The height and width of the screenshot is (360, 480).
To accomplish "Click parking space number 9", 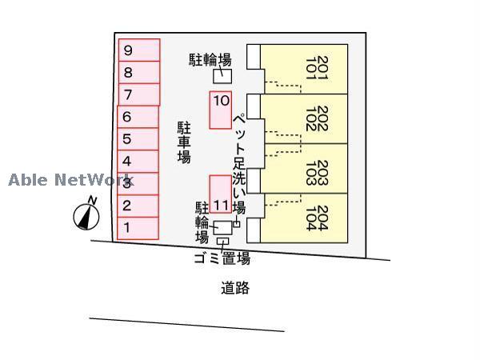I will pos(138,50).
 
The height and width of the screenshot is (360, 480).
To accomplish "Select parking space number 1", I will pos(138,228).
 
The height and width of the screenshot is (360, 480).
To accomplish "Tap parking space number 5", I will pos(138,139).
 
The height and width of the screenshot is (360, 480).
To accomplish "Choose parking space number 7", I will pos(138,95).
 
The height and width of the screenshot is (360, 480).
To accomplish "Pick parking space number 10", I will pos(221,110).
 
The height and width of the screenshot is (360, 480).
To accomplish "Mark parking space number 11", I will pos(221,194).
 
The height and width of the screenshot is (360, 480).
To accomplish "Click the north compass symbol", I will pos(86,214).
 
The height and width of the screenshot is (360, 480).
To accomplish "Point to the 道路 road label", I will pos(235,288).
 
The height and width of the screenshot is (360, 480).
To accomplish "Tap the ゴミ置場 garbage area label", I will pos(222,258).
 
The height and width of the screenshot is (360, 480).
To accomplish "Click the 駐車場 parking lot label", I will pos(184,142).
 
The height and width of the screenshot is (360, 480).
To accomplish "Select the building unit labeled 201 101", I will pos(304,70).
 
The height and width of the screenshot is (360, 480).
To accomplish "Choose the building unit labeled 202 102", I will pos(304,119).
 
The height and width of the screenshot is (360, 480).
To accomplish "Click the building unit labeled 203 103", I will pos(304,169).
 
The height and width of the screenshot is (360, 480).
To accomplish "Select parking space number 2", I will pos(138,206).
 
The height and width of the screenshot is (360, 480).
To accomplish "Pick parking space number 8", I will pos(138,73).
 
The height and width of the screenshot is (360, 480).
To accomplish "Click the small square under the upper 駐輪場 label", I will pos(222,77).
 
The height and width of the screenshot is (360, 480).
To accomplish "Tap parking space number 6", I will pos(138,117).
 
